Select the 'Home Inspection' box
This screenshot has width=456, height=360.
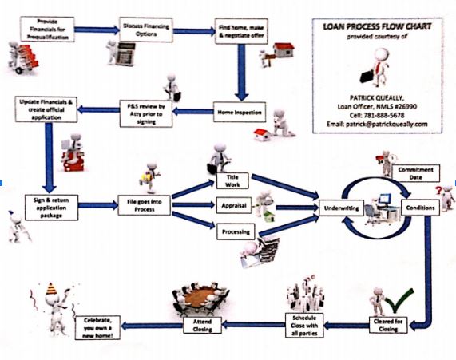(x=239, y=113)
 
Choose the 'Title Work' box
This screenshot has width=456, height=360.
(x=233, y=180)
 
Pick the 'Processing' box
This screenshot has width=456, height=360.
(x=234, y=232)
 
